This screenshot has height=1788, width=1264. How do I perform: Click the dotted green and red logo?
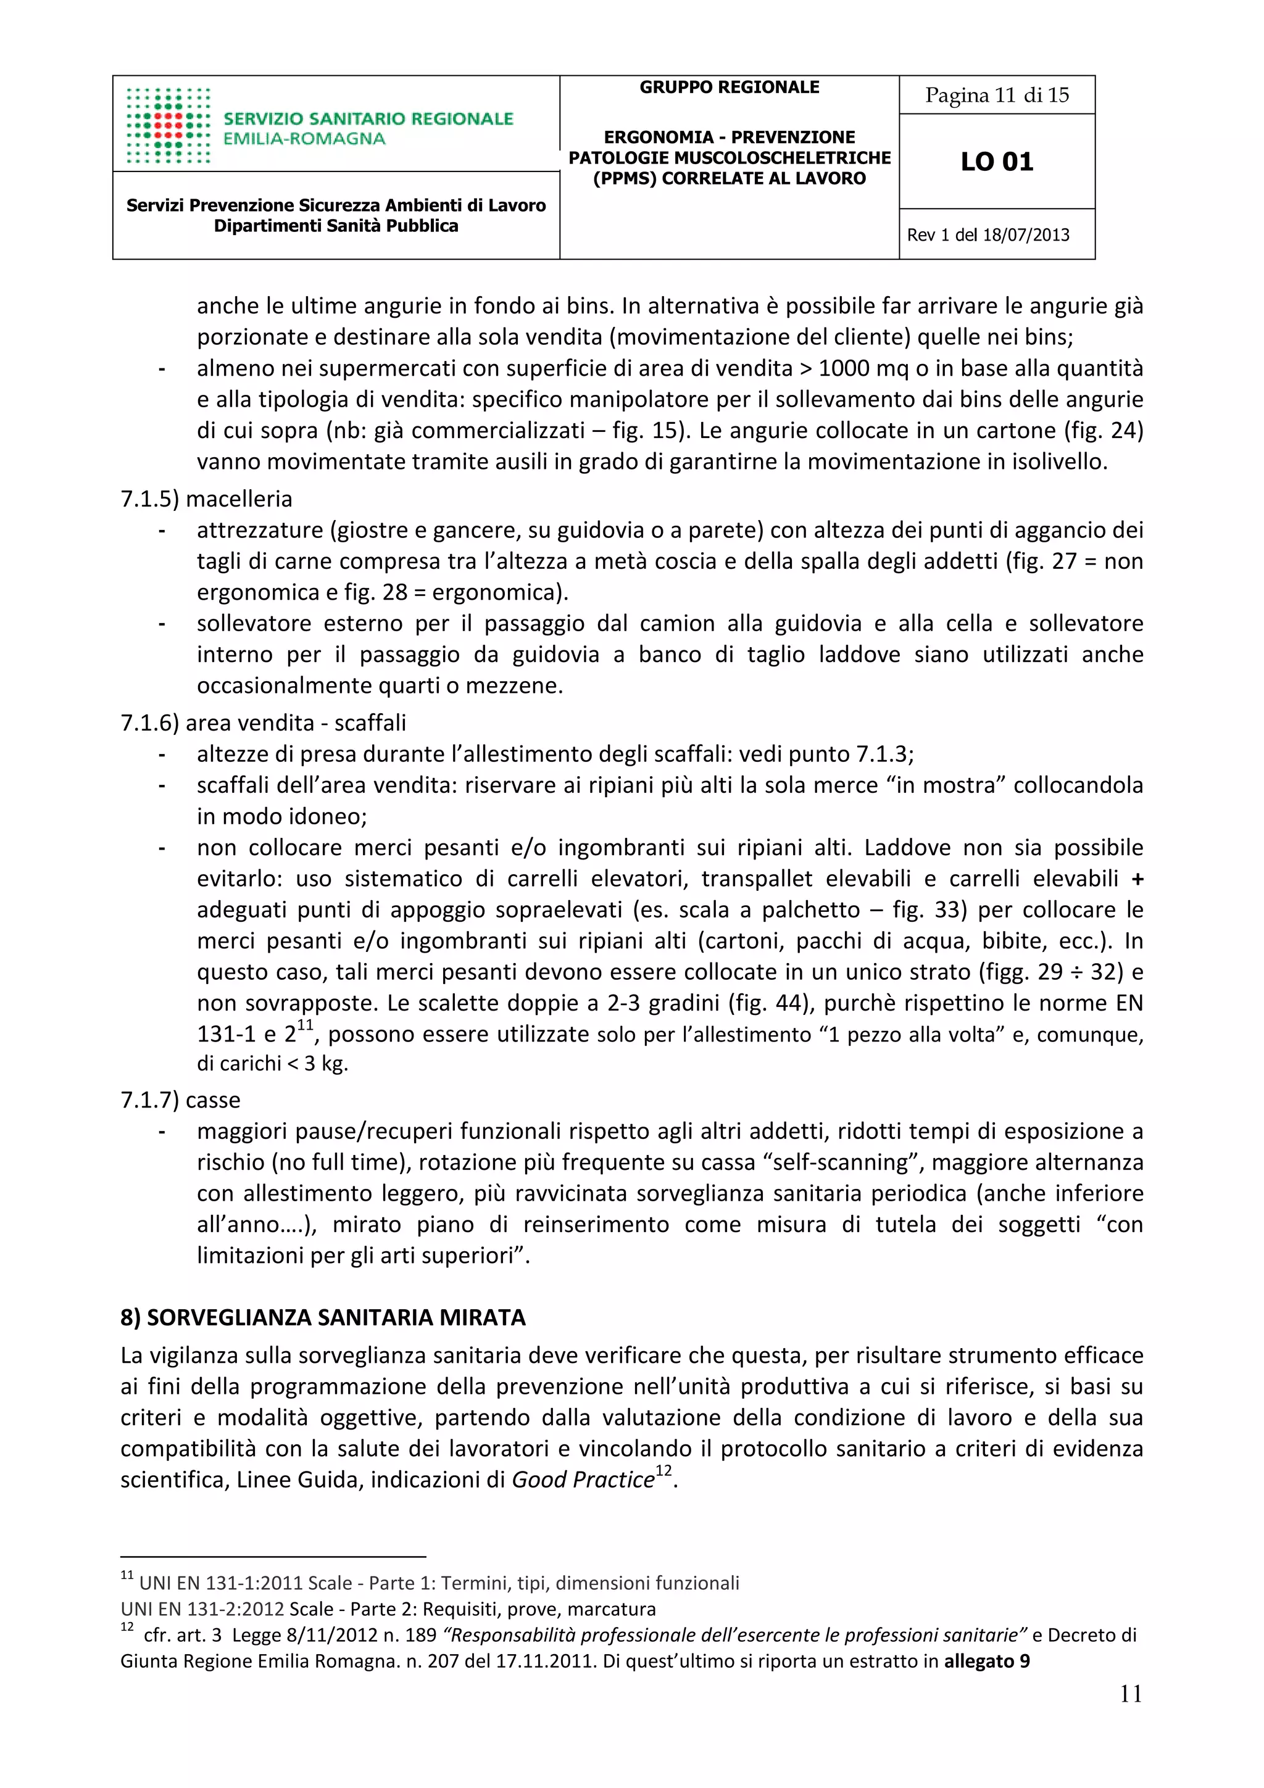tap(168, 125)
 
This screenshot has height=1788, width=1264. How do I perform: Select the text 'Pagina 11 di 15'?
tap(996, 95)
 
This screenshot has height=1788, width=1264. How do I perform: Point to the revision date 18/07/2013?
tap(1026, 235)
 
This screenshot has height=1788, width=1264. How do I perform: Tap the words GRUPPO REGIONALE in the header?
tap(729, 87)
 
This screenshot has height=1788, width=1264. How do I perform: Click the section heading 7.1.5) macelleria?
tap(206, 499)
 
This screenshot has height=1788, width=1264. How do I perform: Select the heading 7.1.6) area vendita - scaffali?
tap(264, 722)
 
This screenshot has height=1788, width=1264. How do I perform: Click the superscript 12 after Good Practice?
tap(663, 1470)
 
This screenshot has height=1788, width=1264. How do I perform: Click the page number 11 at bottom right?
tap(1130, 1694)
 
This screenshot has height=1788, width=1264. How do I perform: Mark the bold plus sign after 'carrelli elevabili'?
tap(1137, 879)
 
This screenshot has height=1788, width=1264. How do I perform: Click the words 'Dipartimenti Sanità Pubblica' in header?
tap(336, 226)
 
